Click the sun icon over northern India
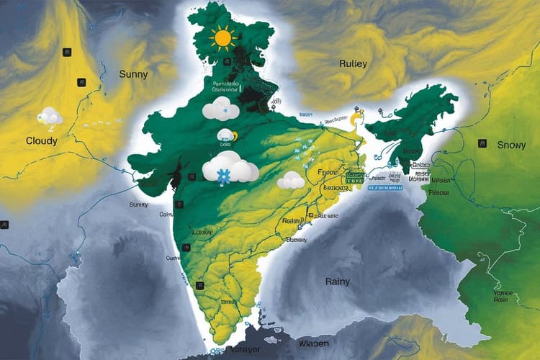click(x=222, y=37)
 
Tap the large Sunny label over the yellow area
click(x=135, y=73)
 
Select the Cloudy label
click(x=41, y=140)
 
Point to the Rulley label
click(x=353, y=63)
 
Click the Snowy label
click(x=512, y=145)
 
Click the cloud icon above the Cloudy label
click(x=51, y=116)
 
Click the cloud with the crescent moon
click(x=228, y=135)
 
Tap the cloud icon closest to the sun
click(x=220, y=109)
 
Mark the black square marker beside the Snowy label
click(x=482, y=144)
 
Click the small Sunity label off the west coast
click(x=138, y=205)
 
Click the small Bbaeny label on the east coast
click(x=297, y=240)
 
